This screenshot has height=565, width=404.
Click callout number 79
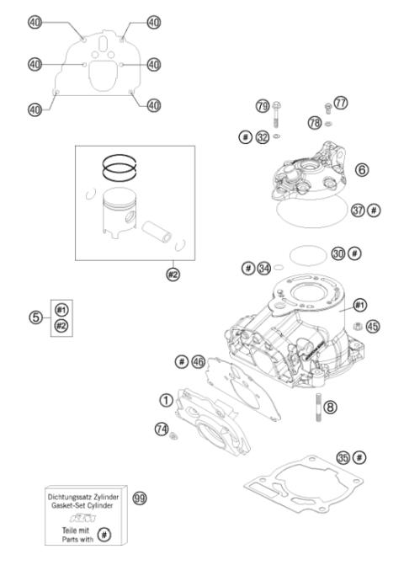point(262,106)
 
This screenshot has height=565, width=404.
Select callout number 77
point(340,103)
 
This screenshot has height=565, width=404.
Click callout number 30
point(338,253)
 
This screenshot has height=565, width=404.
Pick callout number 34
point(264,268)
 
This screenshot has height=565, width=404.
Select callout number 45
point(373,325)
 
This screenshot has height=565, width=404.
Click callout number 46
point(199,361)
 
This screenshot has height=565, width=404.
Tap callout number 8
point(330,407)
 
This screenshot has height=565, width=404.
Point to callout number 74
point(161,429)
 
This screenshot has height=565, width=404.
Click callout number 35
point(342,457)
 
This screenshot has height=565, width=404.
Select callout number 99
point(140,498)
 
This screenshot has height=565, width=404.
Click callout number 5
point(35,317)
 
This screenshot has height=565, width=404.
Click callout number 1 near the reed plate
point(166,397)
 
